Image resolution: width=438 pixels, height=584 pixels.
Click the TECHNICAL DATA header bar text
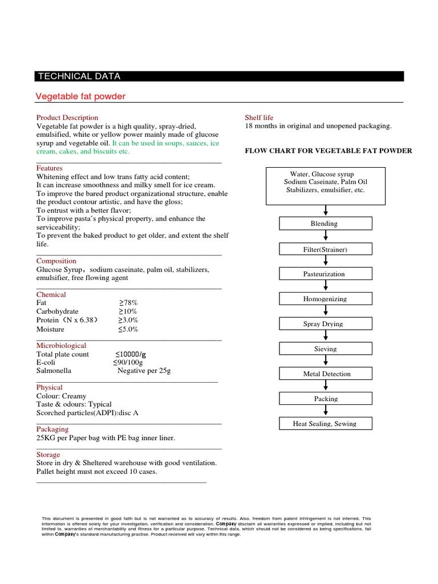click(x=79, y=77)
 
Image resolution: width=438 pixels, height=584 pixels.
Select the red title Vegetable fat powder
click(x=80, y=96)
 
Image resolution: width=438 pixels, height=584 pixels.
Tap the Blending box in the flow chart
click(x=325, y=224)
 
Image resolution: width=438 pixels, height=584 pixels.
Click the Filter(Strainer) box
click(x=325, y=249)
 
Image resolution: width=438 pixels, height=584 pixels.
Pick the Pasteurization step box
click(x=325, y=274)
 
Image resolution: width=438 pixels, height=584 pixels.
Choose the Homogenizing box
click(x=325, y=299)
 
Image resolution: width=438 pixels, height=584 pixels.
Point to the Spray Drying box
click(x=325, y=324)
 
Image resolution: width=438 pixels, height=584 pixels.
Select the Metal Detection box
click(x=325, y=374)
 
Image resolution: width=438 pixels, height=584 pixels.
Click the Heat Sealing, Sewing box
click(x=325, y=424)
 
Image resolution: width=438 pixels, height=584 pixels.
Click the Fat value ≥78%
click(x=128, y=303)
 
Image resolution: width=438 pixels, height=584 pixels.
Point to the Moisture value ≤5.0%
click(x=128, y=329)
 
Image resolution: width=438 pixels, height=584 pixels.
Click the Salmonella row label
click(x=54, y=370)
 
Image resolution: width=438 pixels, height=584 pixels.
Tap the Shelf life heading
click(x=259, y=117)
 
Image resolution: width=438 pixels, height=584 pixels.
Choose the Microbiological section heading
click(x=62, y=346)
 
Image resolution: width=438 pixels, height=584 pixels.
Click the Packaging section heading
click(x=52, y=429)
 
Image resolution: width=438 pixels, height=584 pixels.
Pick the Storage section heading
click(x=48, y=455)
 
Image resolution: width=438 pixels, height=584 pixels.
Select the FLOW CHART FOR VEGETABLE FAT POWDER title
click(x=328, y=151)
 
